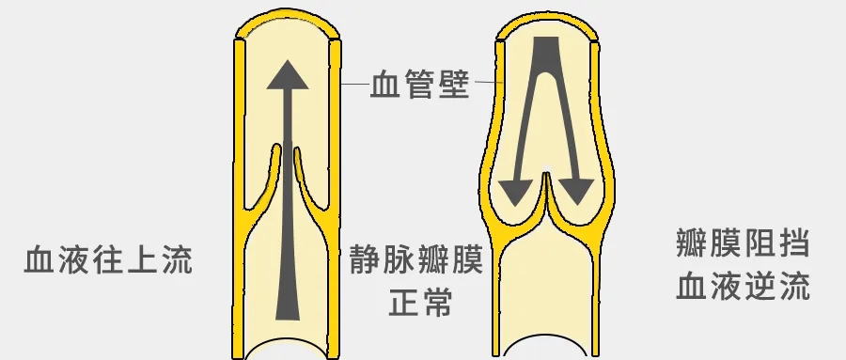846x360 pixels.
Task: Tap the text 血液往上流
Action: click(x=108, y=259)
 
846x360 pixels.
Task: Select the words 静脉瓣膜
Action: click(x=415, y=259)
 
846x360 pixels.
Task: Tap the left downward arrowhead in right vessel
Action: click(x=514, y=192)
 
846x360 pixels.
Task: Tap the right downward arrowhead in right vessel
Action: click(x=576, y=192)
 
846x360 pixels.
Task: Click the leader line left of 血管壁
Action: click(x=355, y=86)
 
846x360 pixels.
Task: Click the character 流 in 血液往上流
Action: click(x=176, y=259)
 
